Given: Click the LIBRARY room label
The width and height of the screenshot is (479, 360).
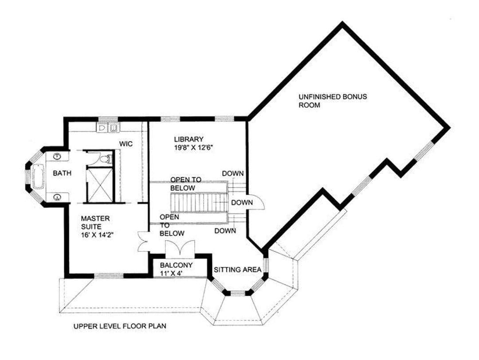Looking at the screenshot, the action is coord(188,139).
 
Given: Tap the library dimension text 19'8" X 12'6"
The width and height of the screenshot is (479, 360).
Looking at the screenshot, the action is coord(193,148).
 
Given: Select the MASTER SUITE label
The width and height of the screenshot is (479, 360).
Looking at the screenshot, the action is coord(95,223).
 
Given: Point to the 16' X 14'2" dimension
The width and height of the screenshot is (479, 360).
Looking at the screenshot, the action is coord(97,235).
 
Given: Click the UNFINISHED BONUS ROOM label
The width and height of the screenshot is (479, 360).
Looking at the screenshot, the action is coord(333,101).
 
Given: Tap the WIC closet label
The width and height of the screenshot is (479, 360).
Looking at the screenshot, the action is coord(126,144).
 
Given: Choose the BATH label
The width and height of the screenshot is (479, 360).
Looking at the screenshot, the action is coord(62,173).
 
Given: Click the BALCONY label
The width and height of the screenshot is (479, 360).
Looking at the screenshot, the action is coord(176,265).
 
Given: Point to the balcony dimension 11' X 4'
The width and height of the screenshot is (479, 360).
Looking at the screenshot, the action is coord(171,273).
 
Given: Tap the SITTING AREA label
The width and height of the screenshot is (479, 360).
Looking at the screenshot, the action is coord(237,270).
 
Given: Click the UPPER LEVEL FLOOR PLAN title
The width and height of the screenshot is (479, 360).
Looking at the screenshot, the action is coord(120,326).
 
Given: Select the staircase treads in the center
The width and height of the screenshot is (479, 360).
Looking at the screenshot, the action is coord(199,202).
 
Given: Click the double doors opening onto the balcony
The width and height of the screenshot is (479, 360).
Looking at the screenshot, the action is coord(180,247).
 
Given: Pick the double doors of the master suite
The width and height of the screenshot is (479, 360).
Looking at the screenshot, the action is coord(143,241).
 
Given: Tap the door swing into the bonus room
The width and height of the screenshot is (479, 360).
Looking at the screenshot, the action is coord(256,202).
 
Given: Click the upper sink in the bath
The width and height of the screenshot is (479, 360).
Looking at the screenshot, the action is coord(57,156).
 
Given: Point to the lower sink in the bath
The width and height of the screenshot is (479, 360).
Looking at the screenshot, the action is coord(57,197).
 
